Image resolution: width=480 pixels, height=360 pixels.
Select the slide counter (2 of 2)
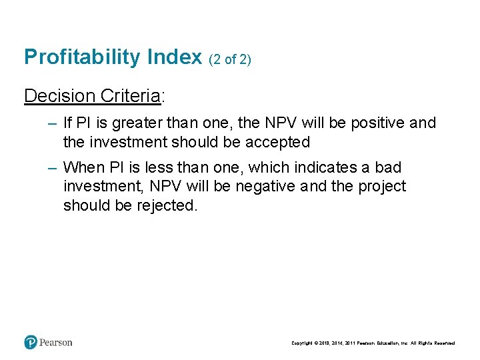coord(230,59)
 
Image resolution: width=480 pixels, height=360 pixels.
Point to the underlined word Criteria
coord(130,96)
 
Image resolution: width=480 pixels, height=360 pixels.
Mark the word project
coord(381,187)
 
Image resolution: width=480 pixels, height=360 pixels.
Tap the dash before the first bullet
coord(53,123)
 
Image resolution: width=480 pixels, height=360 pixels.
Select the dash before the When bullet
coord(53,167)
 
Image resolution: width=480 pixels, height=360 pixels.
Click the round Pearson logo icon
coord(31,343)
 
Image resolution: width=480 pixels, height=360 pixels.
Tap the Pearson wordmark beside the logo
coord(56,343)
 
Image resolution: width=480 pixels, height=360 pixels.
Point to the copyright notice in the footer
coord(373,343)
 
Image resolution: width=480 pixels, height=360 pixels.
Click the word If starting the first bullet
coord(67,123)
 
